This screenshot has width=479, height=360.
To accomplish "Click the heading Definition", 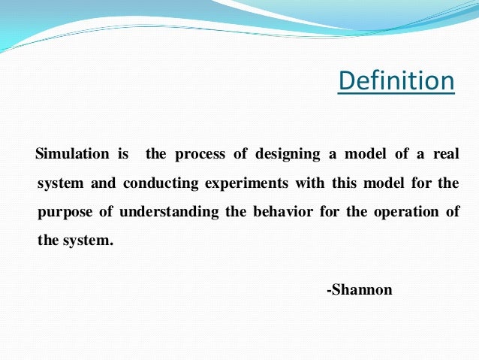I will click(396, 80).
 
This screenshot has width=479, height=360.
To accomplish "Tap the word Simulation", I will click(72, 155).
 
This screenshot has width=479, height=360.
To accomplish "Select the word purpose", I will click(65, 213).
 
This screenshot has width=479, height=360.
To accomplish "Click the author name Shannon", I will click(360, 289).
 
